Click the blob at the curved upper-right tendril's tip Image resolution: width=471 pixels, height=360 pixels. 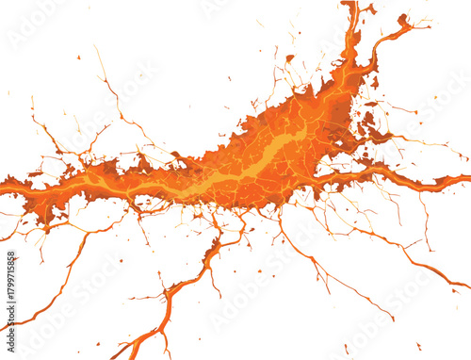[x=403, y=20]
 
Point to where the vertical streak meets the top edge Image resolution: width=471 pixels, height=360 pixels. [x=350, y=4]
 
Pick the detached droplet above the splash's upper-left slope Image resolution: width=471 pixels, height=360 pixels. [x=289, y=58]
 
